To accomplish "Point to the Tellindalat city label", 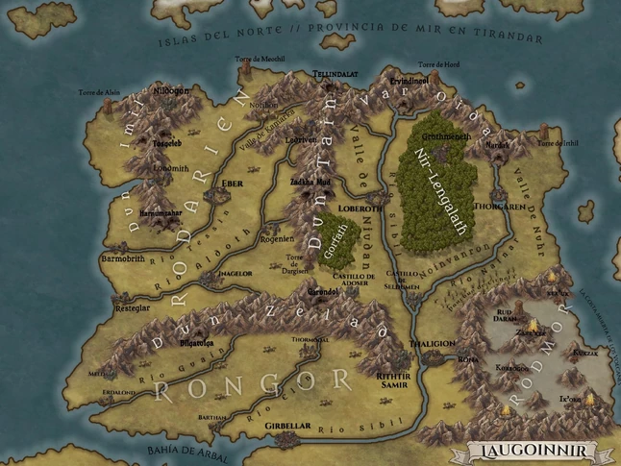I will click(335, 74).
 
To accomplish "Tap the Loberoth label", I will click(361, 207).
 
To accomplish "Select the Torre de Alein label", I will click(100, 92).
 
